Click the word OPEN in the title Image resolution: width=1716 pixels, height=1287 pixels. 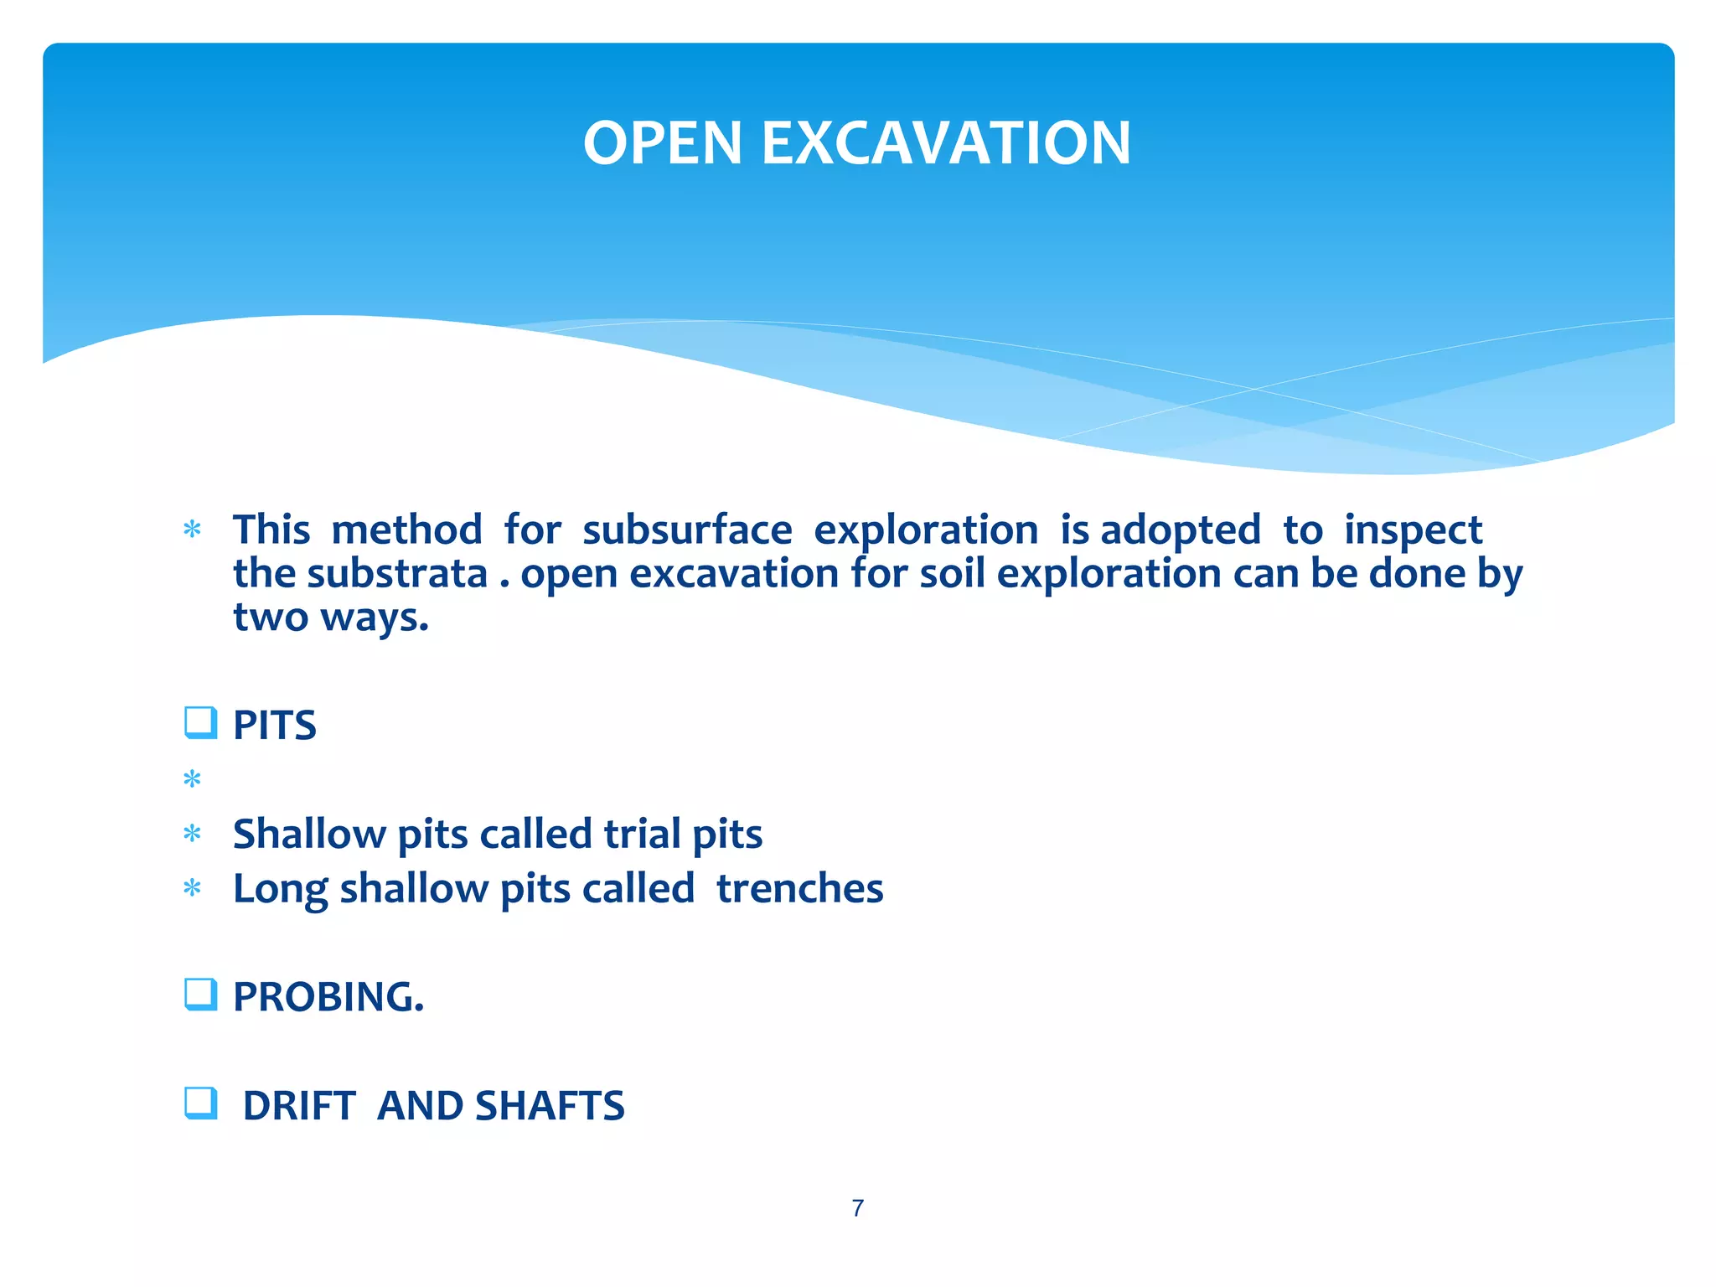tap(662, 142)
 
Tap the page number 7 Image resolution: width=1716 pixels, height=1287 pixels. tap(857, 1207)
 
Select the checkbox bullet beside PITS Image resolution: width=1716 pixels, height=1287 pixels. tap(200, 722)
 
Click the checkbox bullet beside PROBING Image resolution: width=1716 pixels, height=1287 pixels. tap(200, 994)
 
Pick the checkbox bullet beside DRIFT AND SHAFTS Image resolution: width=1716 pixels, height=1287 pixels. tap(200, 1103)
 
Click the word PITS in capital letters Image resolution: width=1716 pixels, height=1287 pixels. tap(274, 726)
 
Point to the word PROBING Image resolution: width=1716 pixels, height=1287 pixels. tap(328, 997)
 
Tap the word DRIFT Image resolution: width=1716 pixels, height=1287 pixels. tap(299, 1106)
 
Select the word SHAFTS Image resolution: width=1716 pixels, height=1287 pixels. tap(550, 1106)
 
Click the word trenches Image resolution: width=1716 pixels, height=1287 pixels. tap(799, 888)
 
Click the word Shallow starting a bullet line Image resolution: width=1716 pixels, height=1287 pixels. tap(309, 834)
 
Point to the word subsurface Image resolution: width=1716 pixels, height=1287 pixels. tap(687, 530)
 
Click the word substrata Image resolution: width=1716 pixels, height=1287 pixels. tap(397, 574)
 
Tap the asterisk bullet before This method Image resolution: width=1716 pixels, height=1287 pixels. tap(192, 530)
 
